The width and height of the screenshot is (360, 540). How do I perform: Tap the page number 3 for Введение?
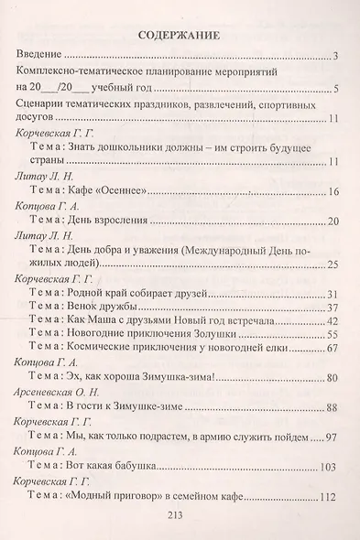click(337, 59)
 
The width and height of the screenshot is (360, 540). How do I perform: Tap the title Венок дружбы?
click(112, 307)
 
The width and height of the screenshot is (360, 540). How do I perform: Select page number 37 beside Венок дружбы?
click(333, 308)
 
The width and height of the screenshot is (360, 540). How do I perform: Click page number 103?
click(331, 467)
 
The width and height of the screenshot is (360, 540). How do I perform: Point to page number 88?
click(333, 407)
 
